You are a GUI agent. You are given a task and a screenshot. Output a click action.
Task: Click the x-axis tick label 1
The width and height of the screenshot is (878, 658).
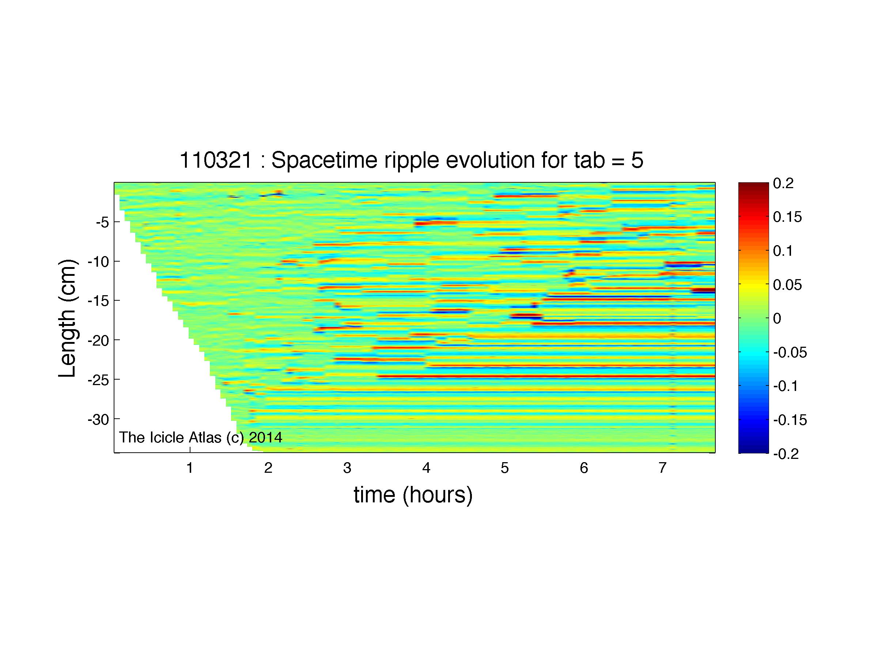(190, 468)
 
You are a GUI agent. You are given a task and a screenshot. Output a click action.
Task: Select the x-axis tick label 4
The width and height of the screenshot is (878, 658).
(426, 468)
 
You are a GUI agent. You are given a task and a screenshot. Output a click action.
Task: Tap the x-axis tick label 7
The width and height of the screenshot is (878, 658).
(662, 468)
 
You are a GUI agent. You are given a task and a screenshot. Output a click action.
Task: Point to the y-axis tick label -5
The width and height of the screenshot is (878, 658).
(102, 222)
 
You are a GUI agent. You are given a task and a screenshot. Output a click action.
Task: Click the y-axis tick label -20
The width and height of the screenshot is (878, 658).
(98, 340)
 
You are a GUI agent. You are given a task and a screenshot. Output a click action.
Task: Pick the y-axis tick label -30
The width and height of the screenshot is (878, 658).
(98, 419)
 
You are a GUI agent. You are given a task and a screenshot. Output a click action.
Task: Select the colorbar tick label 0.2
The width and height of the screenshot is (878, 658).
(783, 184)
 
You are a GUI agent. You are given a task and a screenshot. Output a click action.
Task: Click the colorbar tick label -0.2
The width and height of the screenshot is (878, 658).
(786, 454)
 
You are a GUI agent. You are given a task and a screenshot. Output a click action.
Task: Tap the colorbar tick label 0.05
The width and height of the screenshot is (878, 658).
(787, 285)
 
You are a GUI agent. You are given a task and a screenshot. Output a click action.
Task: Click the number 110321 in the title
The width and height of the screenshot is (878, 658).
(216, 161)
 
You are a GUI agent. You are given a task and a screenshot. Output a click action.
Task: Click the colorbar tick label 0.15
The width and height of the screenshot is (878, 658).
(787, 217)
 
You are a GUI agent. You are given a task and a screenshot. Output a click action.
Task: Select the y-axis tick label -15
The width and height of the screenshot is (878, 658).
(98, 301)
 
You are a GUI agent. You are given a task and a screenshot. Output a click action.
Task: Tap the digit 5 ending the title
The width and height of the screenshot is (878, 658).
(637, 161)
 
